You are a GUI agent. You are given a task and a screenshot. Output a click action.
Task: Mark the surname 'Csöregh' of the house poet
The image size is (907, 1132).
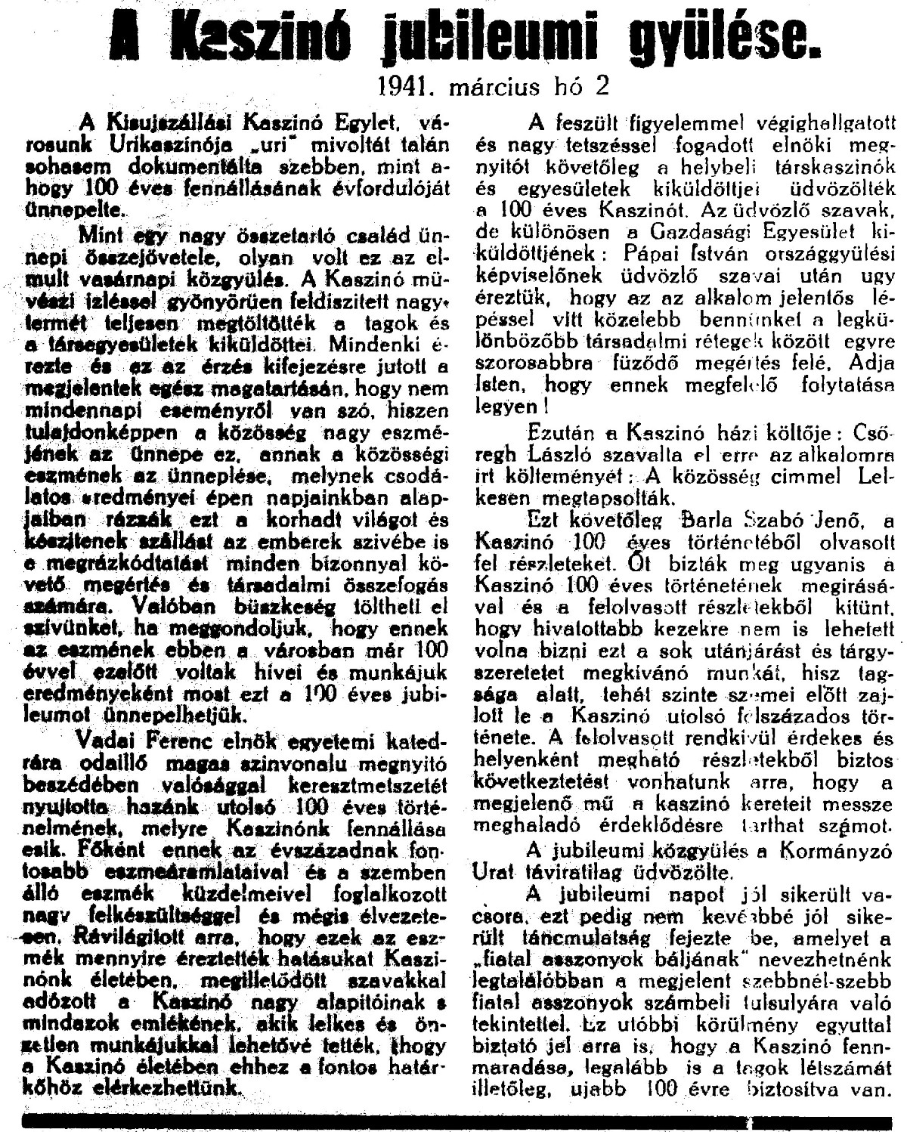[x=873, y=437]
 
